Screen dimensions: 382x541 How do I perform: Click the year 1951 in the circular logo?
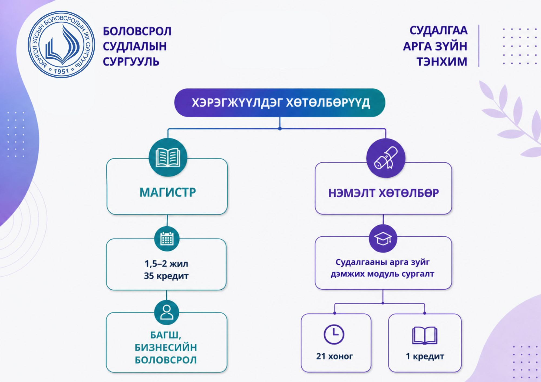[62, 71]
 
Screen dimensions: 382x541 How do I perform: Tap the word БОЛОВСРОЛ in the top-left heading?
[137, 31]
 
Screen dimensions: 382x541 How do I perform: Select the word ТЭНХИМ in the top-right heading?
[442, 62]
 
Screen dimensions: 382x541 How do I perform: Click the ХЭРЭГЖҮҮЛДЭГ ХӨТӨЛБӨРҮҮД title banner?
[280, 103]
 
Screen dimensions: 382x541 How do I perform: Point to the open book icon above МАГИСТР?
[168, 158]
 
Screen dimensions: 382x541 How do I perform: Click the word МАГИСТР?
[168, 192]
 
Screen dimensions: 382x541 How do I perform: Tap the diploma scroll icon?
[386, 158]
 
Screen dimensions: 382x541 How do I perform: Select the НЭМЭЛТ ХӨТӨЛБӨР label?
[383, 193]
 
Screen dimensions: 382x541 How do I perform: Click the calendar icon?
[167, 239]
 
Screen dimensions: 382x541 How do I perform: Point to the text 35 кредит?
[166, 276]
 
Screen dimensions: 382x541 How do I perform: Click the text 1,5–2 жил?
[166, 263]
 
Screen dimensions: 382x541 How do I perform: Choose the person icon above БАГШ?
[167, 312]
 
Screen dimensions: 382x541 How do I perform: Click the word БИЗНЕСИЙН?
[166, 347]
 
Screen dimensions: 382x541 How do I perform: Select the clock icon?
[334, 334]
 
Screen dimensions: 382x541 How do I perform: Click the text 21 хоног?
[334, 356]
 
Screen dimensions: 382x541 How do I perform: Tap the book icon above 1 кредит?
[425, 336]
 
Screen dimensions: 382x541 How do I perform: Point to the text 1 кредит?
[425, 356]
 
